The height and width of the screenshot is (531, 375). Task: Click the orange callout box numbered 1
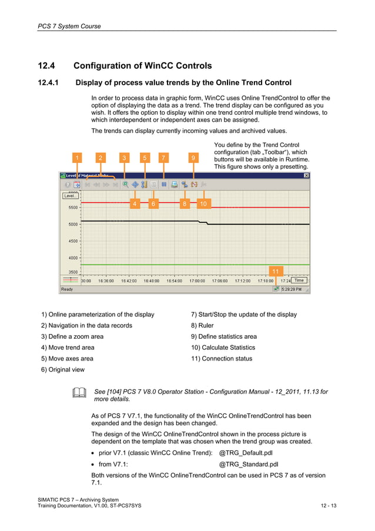[76, 158]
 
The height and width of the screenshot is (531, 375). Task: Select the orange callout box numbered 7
[163, 158]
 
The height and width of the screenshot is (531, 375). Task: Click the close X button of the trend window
[306, 175]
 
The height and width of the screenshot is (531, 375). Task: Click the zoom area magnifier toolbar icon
[126, 185]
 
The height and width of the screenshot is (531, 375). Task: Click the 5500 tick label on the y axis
[72, 208]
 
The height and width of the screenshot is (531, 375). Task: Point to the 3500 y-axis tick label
[72, 273]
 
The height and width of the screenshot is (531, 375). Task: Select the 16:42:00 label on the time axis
[129, 281]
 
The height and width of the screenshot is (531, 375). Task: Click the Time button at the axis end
[299, 280]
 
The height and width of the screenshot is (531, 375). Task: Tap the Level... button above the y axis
[70, 196]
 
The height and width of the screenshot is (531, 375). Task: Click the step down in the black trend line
[203, 223]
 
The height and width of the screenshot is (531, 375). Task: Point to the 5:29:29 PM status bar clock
[292, 289]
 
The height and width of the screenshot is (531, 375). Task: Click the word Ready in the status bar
[67, 289]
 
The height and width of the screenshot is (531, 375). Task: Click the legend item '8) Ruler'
[202, 325]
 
